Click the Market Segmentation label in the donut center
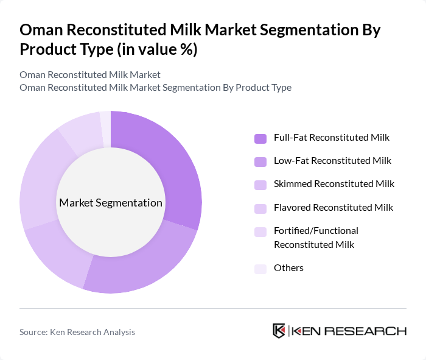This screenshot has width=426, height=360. [110, 203]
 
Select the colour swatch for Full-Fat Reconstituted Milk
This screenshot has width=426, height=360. [260, 138]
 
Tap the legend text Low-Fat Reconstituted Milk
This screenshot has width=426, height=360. [332, 161]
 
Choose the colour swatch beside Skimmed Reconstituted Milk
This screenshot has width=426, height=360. [260, 185]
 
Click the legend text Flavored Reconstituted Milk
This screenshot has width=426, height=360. [333, 207]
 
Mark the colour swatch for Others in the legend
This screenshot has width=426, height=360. [260, 269]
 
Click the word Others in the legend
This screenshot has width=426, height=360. [288, 268]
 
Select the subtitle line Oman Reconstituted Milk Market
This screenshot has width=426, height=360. [90, 74]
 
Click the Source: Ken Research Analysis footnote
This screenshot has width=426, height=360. [77, 332]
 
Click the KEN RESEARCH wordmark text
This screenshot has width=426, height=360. [349, 331]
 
